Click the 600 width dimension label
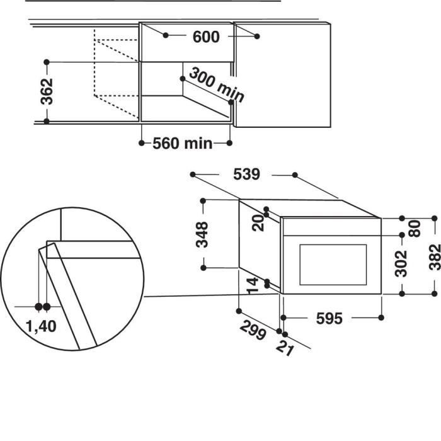coord(206,37)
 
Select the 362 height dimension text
coord(46,92)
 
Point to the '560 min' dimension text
coord(183,144)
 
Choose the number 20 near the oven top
coord(258,222)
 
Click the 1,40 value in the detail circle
coord(42,326)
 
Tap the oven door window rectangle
coord(333,263)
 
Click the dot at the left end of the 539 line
coord(193,174)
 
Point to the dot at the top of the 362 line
coord(47,62)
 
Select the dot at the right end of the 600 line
coord(258,37)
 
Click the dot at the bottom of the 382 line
coord(434,293)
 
